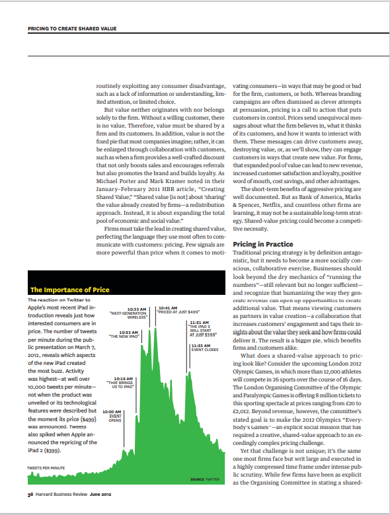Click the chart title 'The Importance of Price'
(x=70, y=290)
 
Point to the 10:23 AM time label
(x=128, y=332)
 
